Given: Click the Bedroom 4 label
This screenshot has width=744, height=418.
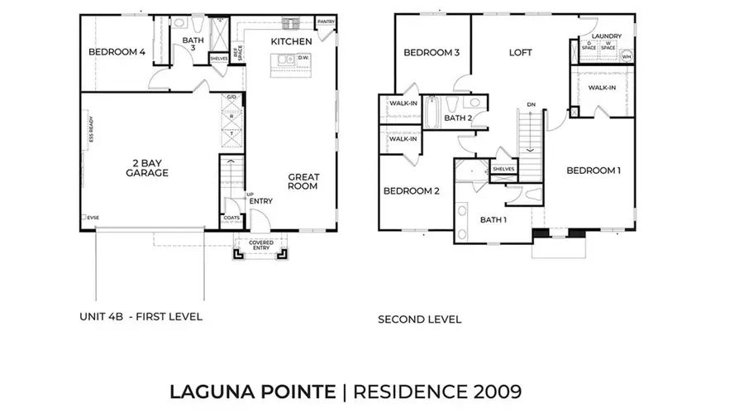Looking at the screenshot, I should tap(117, 52).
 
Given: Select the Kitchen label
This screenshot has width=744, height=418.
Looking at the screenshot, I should tap(291, 41).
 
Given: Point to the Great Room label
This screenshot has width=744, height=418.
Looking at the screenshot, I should tap(304, 181).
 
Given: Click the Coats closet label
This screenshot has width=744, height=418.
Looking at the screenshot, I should tap(232, 219).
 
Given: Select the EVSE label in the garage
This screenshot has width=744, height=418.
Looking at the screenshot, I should tap(93, 218).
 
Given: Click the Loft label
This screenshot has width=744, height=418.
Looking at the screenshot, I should tap(520, 52).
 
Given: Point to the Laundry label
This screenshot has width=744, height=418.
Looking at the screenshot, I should tap(606, 36).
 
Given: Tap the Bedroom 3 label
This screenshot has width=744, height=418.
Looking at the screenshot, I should tap(432, 53).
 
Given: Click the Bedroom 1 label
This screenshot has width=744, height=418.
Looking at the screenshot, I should tap(593, 171).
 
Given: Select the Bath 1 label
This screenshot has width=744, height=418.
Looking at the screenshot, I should tap(494, 219).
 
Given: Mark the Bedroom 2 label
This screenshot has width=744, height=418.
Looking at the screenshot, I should tap(411, 191).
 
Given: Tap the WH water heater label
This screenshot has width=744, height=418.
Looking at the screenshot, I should tap(625, 57).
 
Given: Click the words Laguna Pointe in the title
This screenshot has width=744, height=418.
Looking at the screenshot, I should tap(252, 392).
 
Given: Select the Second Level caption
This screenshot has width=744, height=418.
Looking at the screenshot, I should tap(419, 319).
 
